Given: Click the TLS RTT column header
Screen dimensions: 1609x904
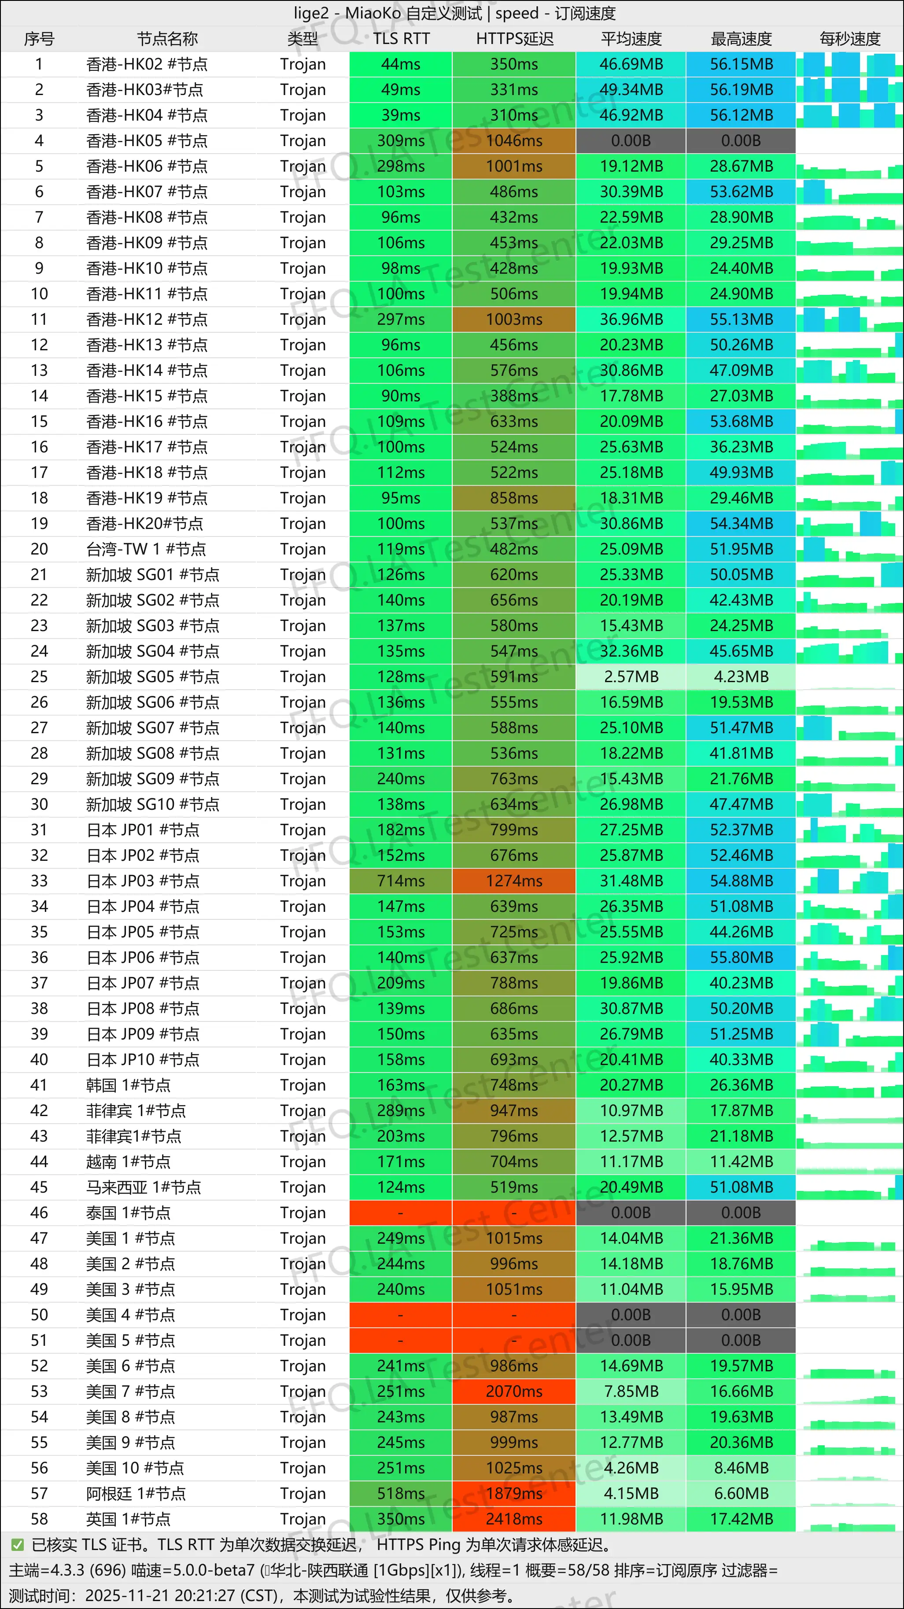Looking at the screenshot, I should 401,39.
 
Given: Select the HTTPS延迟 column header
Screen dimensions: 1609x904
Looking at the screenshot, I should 514,39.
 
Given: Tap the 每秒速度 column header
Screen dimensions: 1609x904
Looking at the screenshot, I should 850,39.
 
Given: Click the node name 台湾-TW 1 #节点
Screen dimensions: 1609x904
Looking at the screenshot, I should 146,549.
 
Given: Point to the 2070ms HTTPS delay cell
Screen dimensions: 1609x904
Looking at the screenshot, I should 514,1392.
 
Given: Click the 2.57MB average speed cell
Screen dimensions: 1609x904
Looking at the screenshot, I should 631,676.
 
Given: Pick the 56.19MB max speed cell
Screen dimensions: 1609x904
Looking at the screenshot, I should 741,89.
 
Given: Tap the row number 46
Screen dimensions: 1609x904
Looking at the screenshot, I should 39,1212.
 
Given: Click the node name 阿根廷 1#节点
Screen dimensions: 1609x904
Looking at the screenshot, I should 136,1493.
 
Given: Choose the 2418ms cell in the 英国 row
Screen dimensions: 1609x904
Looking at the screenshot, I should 514,1519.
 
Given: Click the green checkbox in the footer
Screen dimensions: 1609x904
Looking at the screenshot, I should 18,1545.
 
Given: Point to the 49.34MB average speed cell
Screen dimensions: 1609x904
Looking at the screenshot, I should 631,89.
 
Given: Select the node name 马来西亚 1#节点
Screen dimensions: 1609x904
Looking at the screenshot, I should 144,1187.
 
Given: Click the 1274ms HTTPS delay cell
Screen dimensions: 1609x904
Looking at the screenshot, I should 514,881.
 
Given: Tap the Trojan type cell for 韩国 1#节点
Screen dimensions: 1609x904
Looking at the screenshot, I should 303,1085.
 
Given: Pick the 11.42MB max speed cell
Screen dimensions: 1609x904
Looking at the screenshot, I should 741,1162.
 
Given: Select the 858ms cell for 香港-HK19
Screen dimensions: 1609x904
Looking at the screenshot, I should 514,498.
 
